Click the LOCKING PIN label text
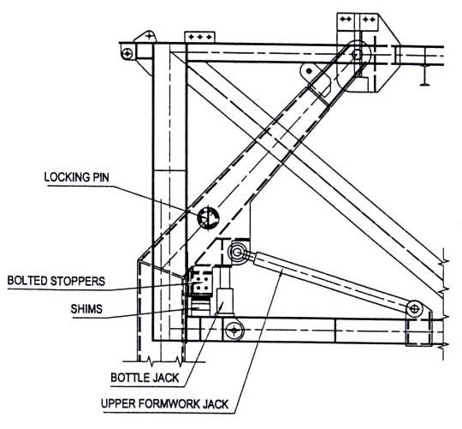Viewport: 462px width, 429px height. coord(77,177)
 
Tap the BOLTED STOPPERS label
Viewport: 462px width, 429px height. coord(56,281)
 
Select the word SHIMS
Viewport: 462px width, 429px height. coord(86,309)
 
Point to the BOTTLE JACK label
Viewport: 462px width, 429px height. coord(145,378)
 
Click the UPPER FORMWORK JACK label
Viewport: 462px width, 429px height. coord(165,403)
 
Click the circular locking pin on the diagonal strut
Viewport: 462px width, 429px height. coord(209,217)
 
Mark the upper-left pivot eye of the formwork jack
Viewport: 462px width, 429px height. coord(237,252)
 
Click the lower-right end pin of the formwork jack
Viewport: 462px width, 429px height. coord(414,309)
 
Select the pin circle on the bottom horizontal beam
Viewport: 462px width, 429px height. coord(234,331)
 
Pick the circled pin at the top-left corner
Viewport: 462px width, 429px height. coord(127,54)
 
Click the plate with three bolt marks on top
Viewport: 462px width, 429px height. coord(199,38)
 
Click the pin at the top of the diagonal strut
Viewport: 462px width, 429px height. coord(357,55)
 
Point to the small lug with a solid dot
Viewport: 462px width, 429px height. coord(309,72)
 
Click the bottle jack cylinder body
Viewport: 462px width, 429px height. coord(225,301)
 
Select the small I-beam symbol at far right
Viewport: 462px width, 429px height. coord(424,75)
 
